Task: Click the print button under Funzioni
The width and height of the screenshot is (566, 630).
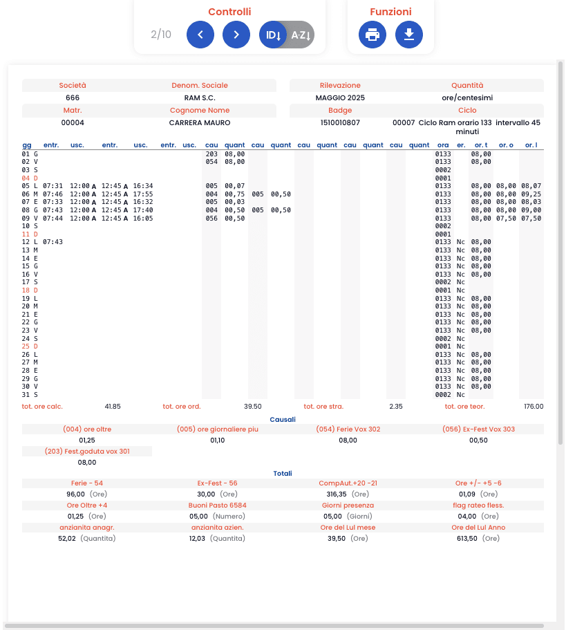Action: (372, 35)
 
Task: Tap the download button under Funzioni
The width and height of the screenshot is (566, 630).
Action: (409, 35)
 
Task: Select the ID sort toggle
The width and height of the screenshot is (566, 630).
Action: (273, 35)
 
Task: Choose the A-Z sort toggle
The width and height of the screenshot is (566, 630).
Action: (301, 35)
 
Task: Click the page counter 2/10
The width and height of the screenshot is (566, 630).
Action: (161, 35)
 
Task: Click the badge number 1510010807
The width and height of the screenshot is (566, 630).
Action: (340, 122)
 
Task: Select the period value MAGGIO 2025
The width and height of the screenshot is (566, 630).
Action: (340, 98)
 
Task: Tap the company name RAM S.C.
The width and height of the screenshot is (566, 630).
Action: (200, 98)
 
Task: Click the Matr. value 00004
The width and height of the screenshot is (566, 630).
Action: (73, 122)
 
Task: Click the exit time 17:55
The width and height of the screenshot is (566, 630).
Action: (143, 194)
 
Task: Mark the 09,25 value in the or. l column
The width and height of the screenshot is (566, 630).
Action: (531, 194)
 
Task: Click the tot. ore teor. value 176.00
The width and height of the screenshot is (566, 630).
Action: (534, 407)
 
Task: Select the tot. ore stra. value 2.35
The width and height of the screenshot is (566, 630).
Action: (396, 407)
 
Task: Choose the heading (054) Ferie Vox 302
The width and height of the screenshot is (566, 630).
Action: (348, 429)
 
